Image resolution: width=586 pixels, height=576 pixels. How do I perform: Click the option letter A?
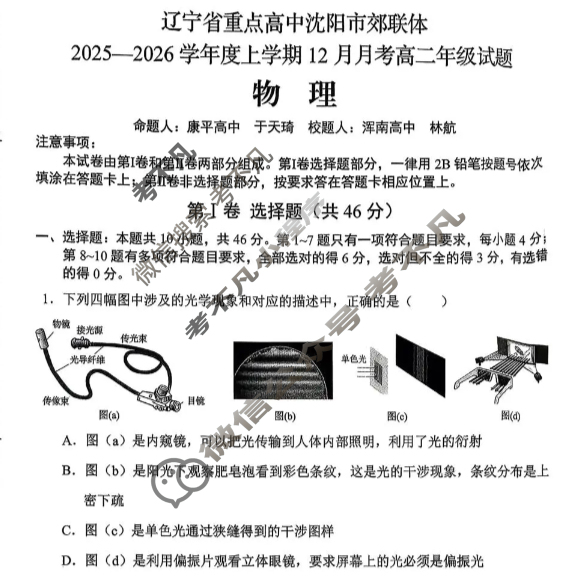66,440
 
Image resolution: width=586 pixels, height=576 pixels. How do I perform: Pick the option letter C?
66,530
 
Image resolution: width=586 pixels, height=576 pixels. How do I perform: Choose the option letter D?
66,560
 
